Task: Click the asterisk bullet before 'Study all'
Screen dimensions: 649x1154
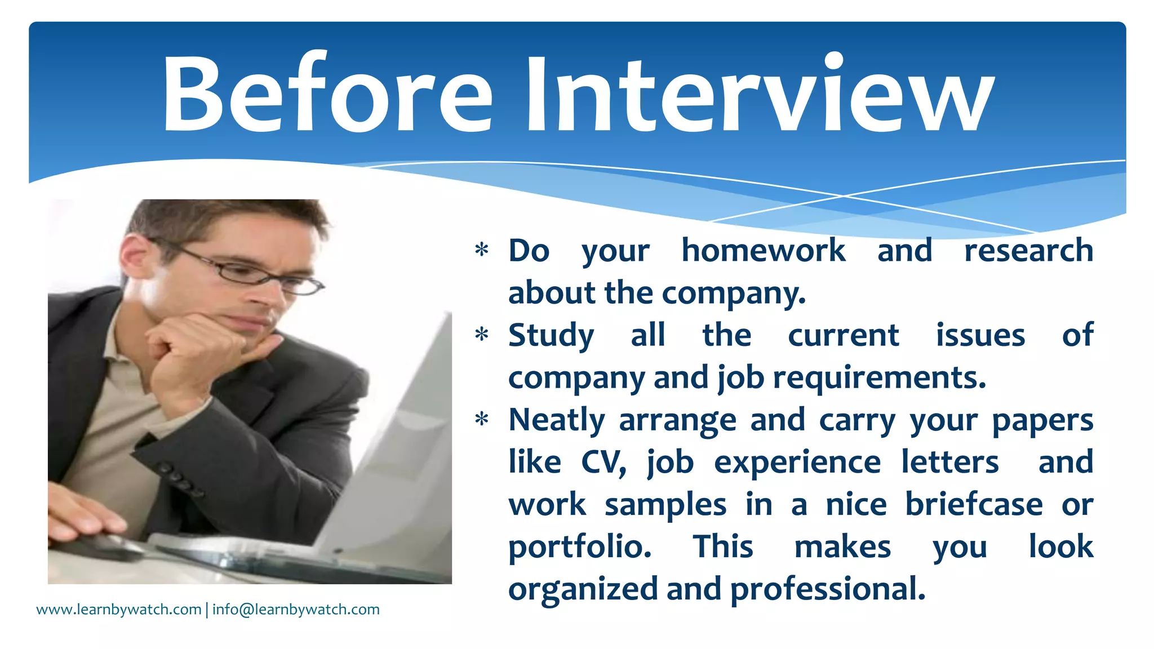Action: coord(482,335)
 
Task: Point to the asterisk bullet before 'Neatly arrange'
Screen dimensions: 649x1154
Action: coord(482,419)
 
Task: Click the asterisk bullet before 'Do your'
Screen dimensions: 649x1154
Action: coord(482,250)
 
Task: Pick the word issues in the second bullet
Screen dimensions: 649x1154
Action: coord(980,335)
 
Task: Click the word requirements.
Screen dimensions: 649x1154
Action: coord(879,377)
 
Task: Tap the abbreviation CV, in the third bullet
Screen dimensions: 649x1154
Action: coord(603,463)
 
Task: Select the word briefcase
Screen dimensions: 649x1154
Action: coord(974,504)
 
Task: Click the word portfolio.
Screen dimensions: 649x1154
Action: coord(580,548)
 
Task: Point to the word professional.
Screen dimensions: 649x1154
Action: coord(828,590)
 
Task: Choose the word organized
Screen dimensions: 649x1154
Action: coord(583,590)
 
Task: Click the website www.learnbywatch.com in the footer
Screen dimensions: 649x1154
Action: coord(119,610)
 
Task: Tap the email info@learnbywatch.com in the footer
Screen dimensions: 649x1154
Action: coord(296,610)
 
